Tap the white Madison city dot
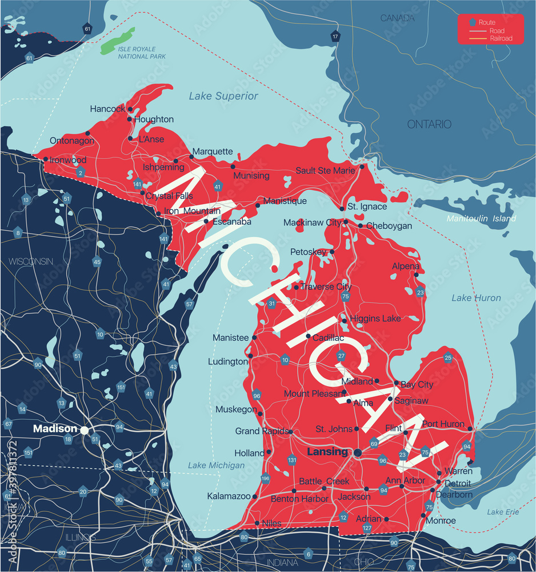(85, 430)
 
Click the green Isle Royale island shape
(118, 42)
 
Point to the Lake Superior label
(223, 96)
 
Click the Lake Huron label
(476, 297)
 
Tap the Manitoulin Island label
(481, 219)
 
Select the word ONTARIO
(429, 124)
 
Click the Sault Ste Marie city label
(325, 170)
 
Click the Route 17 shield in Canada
(335, 37)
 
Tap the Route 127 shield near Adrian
(367, 529)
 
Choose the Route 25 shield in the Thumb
(448, 358)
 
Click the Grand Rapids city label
(261, 431)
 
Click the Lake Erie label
(503, 512)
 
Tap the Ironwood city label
(68, 160)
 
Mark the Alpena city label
(406, 266)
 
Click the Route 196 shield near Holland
(265, 478)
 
